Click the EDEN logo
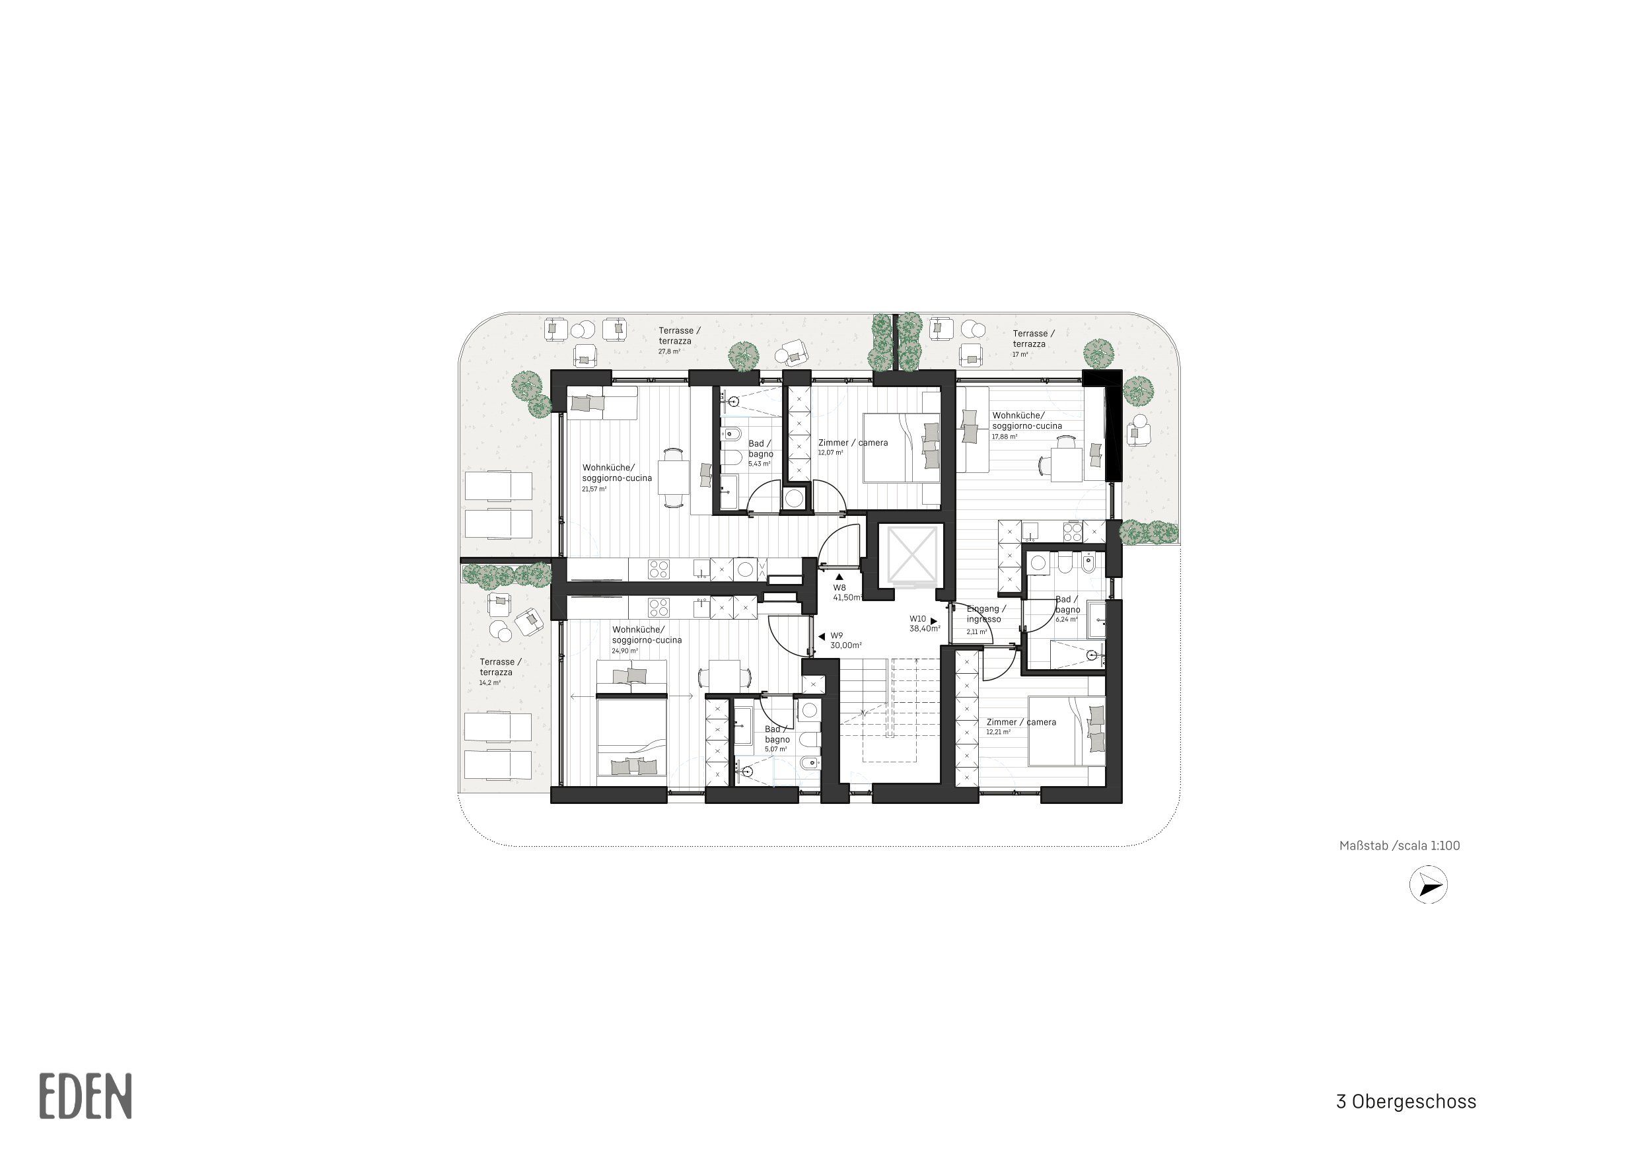(86, 1095)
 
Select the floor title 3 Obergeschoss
(1406, 1101)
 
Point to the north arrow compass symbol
(1428, 885)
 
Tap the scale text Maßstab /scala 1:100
(1400, 846)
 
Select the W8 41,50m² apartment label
(847, 592)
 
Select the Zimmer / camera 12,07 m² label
(853, 447)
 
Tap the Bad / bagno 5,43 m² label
(760, 454)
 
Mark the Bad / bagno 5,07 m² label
(777, 739)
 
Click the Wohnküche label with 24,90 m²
(647, 640)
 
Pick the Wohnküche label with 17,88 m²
(1026, 425)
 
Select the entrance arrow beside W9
(822, 635)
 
